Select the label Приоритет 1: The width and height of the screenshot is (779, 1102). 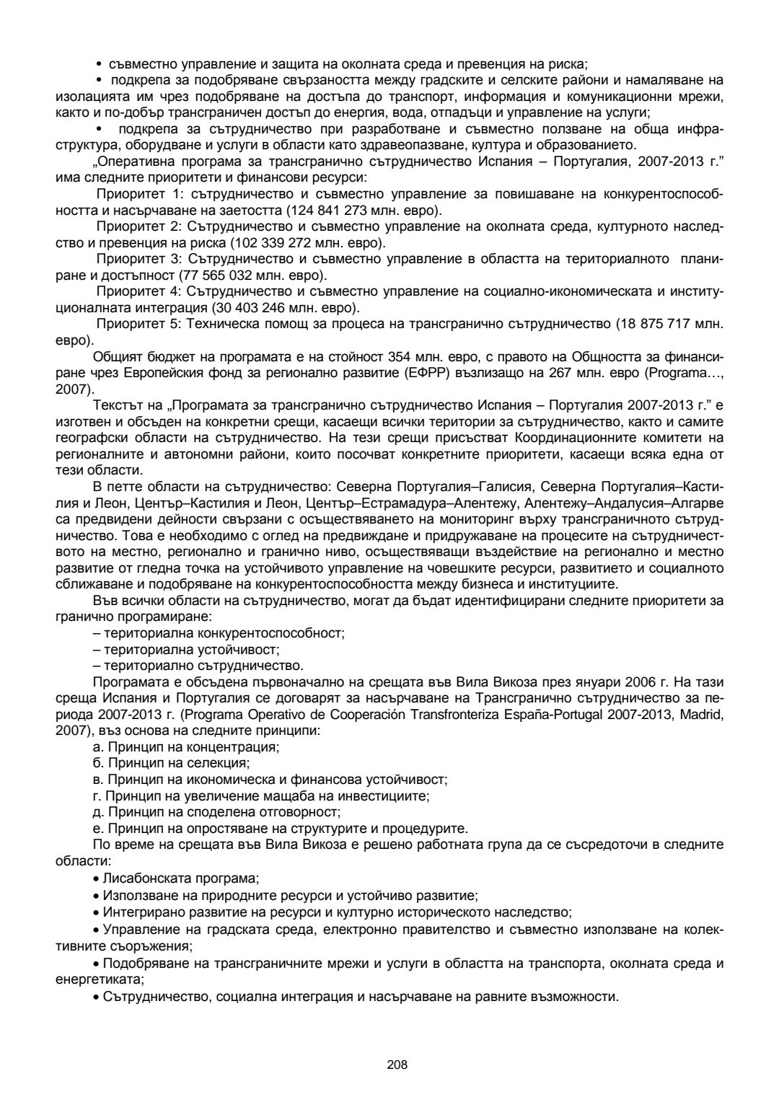pos(137,195)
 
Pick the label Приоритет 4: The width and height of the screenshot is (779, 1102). pos(137,292)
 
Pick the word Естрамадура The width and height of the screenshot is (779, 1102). pos(410,503)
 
